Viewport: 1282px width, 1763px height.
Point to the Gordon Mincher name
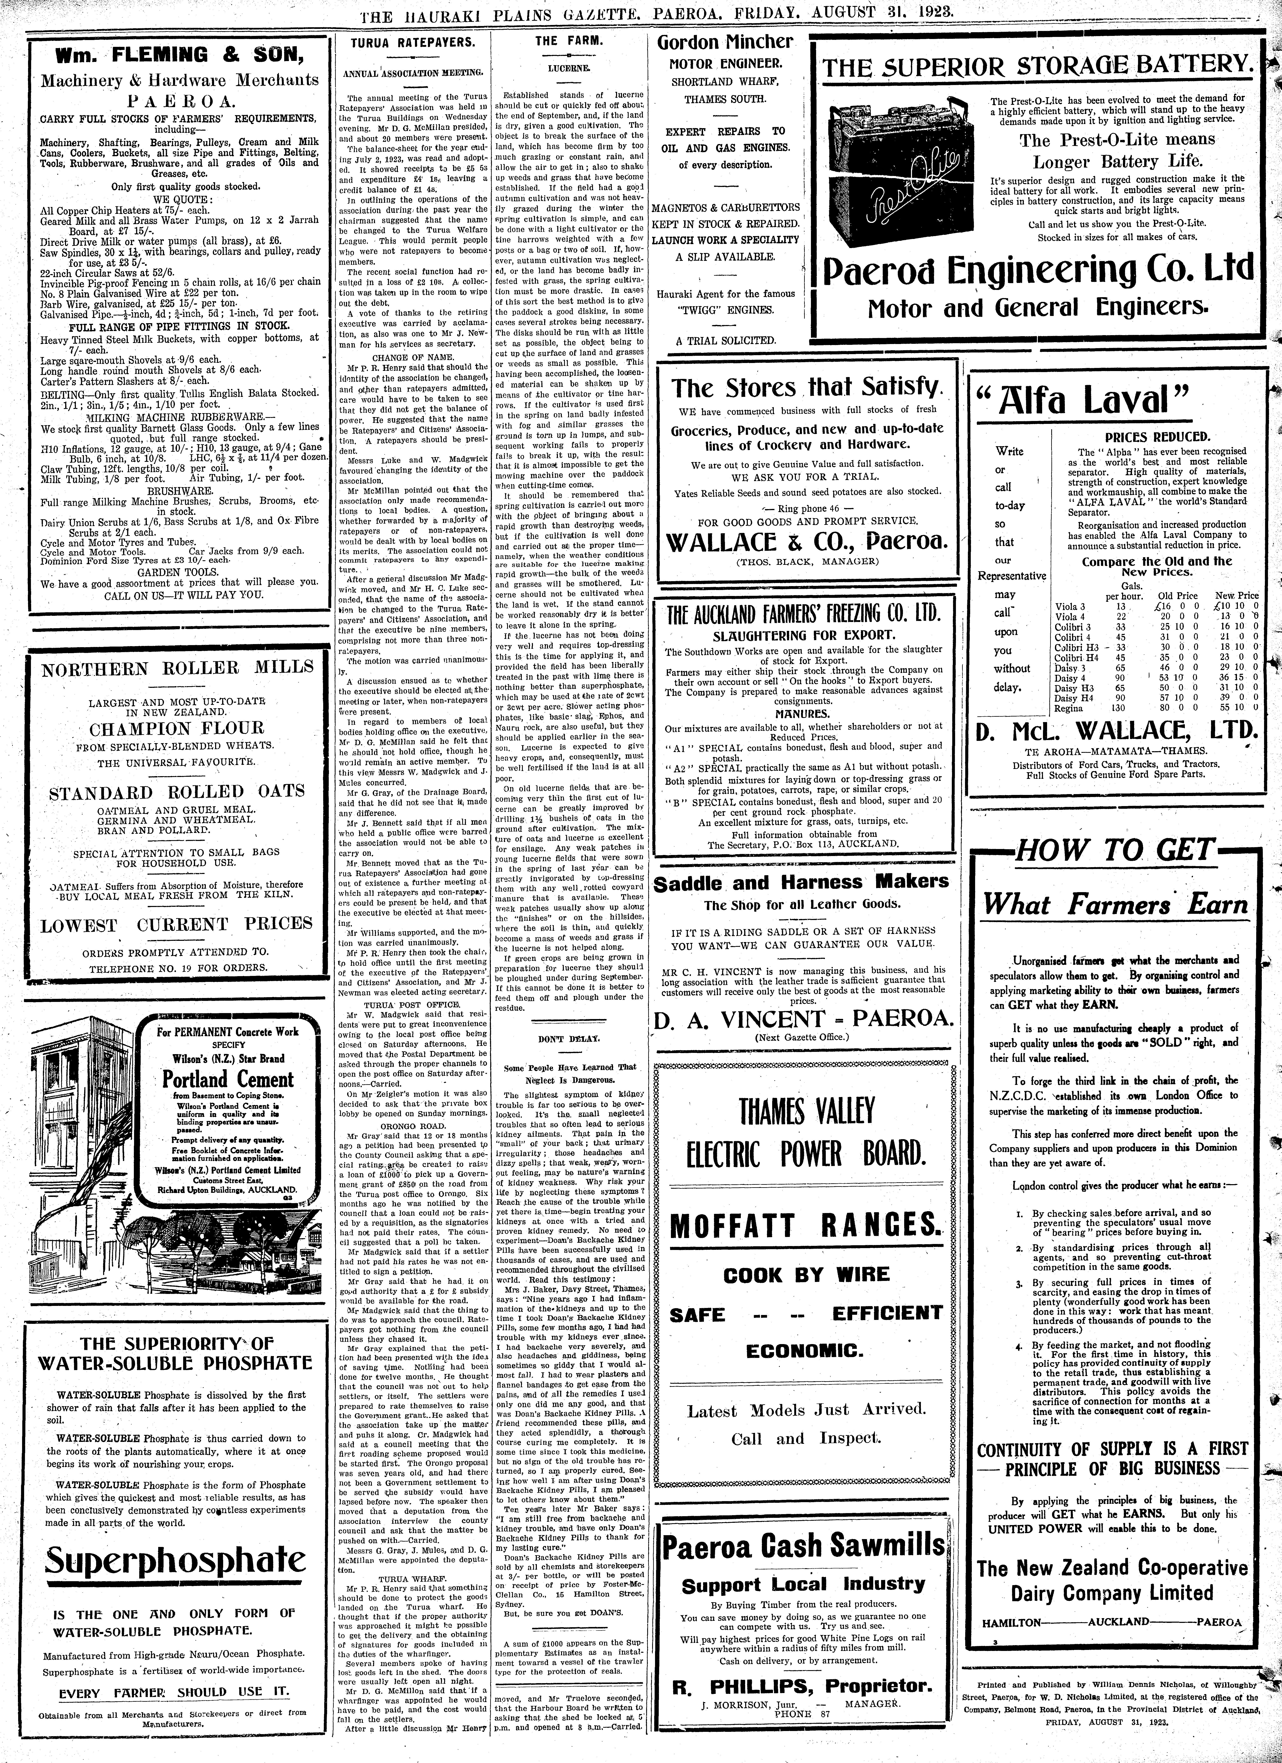click(x=725, y=42)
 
